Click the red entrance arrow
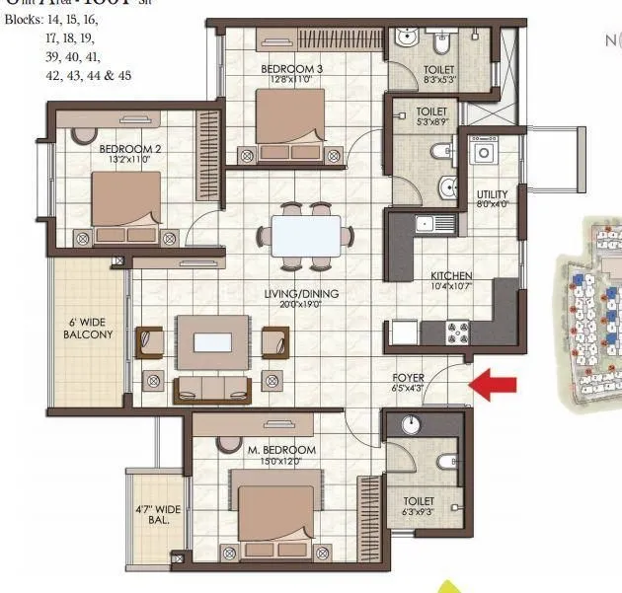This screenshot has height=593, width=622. (x=491, y=386)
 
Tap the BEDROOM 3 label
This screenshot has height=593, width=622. (x=291, y=69)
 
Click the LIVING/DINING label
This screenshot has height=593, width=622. (x=301, y=294)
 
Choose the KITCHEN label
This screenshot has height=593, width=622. (x=451, y=276)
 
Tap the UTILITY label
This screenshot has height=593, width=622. (x=492, y=194)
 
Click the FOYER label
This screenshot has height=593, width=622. (x=409, y=378)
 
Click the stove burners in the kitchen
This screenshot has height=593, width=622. (x=459, y=331)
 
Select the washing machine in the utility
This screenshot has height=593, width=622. (x=484, y=153)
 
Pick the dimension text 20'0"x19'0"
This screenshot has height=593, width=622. (x=301, y=305)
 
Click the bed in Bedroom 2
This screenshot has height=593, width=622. (x=125, y=201)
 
